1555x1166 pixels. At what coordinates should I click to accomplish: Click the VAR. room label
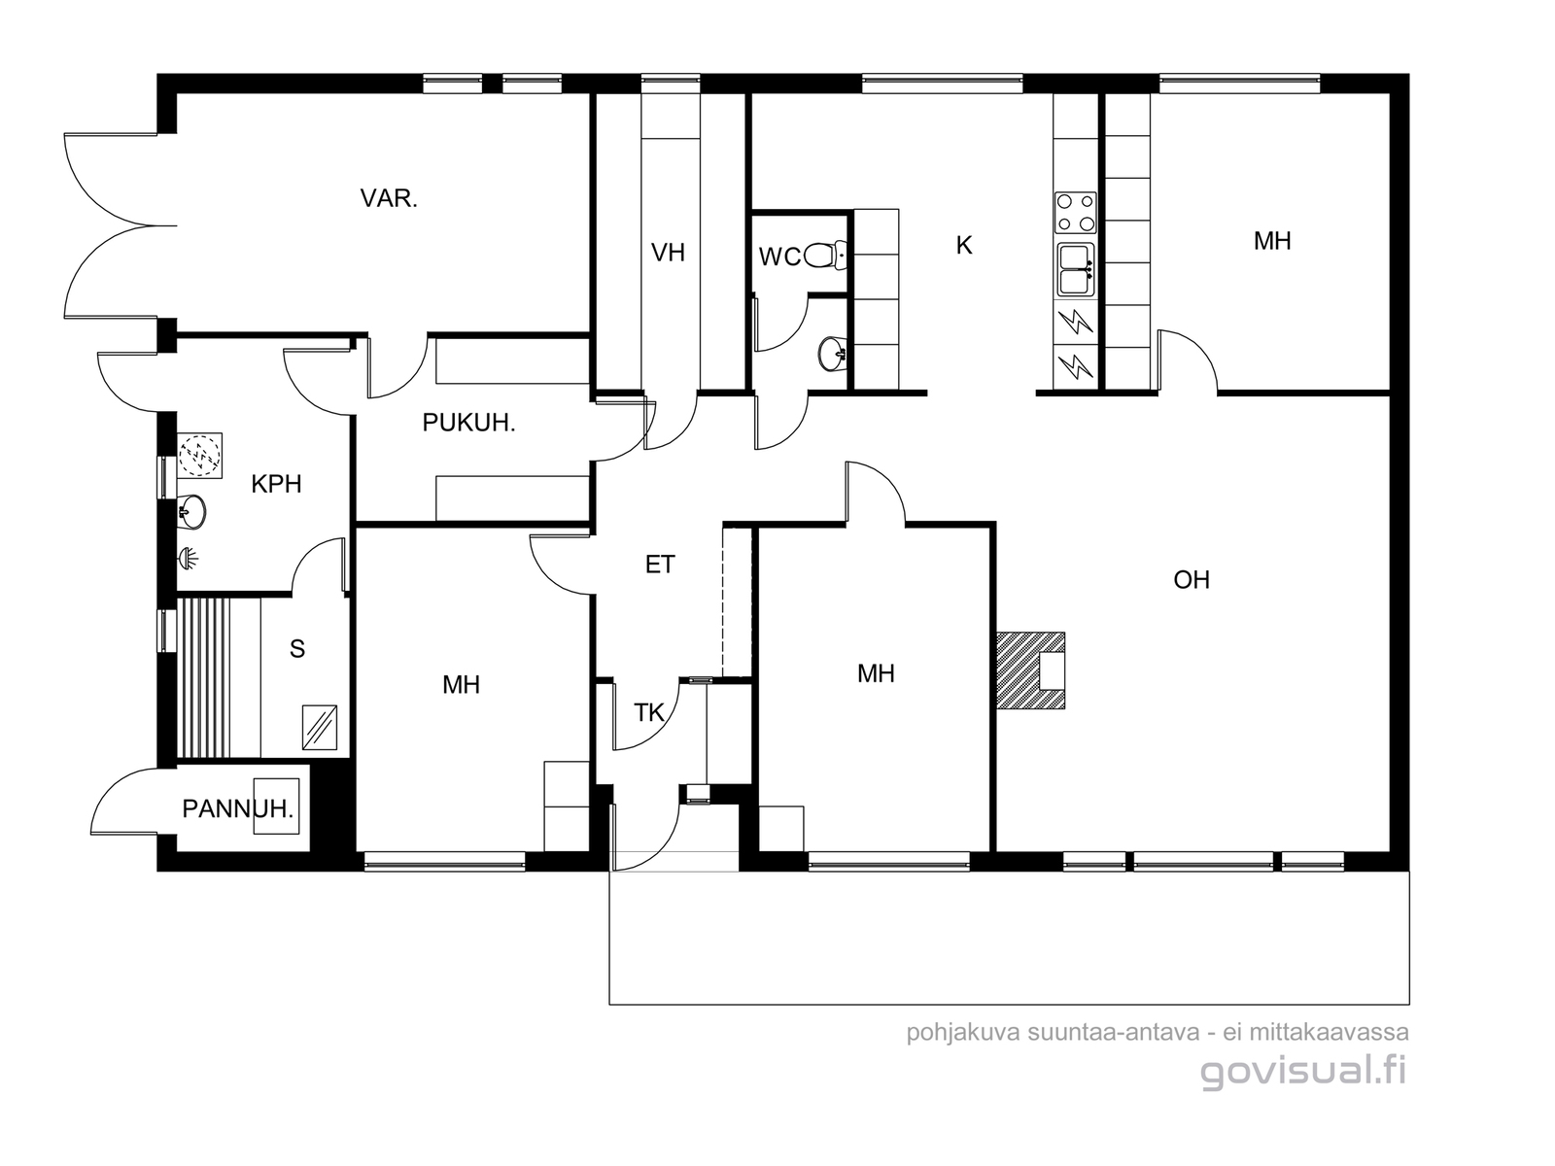[x=389, y=198]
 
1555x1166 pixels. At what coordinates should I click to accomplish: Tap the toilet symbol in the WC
[x=824, y=255]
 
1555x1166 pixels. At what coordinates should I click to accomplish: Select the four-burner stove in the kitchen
[x=1075, y=213]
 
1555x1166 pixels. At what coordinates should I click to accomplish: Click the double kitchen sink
[x=1076, y=269]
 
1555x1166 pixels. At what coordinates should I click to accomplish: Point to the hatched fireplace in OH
[x=1030, y=670]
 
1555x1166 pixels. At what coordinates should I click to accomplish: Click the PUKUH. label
[x=468, y=423]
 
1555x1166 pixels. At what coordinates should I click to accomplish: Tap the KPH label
[x=276, y=484]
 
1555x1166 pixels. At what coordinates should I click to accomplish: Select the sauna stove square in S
[x=320, y=727]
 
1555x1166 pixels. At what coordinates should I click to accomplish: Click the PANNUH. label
[x=238, y=808]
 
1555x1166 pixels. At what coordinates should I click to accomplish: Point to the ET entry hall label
[x=660, y=565]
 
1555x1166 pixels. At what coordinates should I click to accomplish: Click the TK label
[x=648, y=713]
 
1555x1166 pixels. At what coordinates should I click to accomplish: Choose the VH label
[x=668, y=253]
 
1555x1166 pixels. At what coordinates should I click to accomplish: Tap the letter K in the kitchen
[x=963, y=246]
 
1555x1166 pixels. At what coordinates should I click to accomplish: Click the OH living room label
[x=1192, y=580]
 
